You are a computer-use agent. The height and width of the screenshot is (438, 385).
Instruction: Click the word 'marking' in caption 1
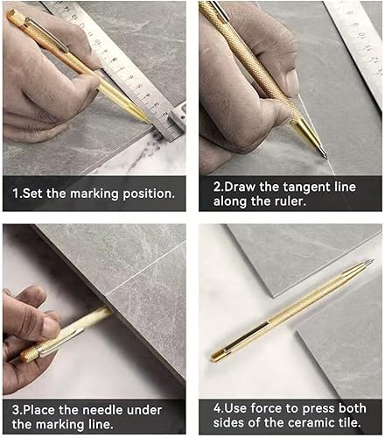point(94,194)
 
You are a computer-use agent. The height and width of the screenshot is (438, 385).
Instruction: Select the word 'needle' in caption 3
point(101,410)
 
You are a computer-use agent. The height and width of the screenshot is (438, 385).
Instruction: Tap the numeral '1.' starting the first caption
point(17,194)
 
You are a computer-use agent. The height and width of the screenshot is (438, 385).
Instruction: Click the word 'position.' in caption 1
point(149,194)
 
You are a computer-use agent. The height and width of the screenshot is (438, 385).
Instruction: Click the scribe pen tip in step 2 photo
point(326,157)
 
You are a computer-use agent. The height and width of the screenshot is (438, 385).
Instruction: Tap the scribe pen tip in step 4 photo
point(371,261)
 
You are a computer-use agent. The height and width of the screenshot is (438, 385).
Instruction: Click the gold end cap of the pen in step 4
point(217,357)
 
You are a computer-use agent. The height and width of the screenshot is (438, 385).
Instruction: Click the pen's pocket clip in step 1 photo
point(46,34)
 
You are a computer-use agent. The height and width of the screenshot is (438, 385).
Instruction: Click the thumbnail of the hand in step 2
point(292,81)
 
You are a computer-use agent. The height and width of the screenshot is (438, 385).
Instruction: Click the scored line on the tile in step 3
point(146,269)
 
